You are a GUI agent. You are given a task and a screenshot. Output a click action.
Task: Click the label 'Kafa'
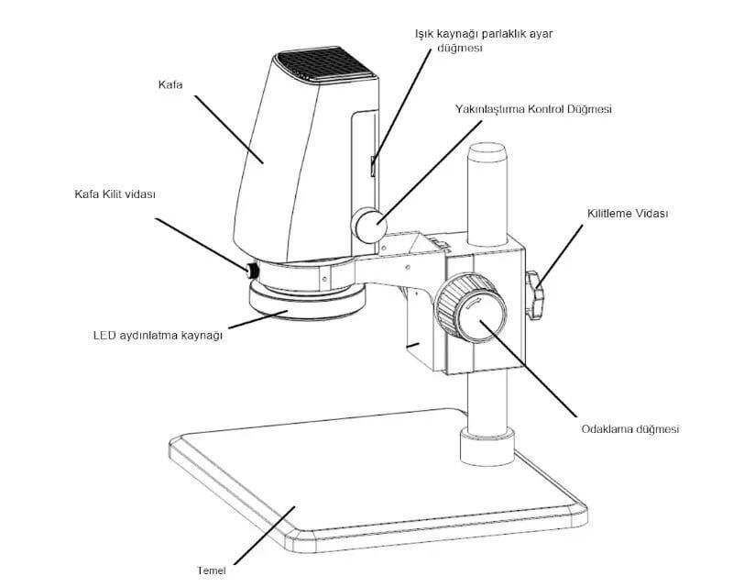[170, 85]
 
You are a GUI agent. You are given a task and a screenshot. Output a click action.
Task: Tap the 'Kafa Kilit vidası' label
[115, 194]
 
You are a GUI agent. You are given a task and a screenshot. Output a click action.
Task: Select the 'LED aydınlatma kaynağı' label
[158, 335]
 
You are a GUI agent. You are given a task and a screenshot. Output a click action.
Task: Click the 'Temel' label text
[211, 570]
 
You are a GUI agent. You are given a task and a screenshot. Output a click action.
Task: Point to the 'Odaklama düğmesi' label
[629, 428]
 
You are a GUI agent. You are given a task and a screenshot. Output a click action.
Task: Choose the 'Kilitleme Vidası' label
[628, 214]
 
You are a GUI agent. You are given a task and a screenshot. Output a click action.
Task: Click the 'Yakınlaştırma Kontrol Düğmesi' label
[532, 108]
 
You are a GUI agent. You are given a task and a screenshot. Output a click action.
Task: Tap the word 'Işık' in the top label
[424, 33]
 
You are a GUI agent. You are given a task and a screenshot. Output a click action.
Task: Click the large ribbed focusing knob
[471, 308]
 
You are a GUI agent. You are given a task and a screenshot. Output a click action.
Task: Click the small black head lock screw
[250, 271]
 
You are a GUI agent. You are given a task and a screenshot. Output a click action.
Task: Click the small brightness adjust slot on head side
[372, 166]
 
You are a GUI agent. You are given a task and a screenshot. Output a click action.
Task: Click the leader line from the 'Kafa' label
[229, 128]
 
